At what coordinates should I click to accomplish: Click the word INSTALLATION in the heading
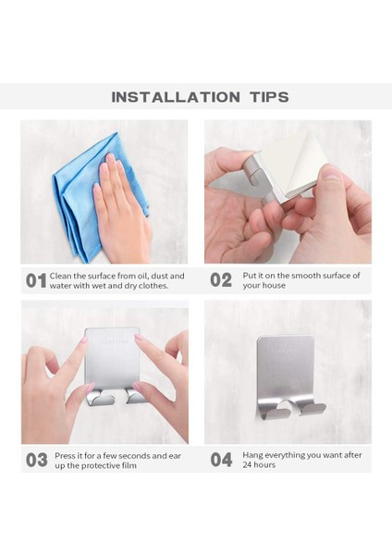point(176,97)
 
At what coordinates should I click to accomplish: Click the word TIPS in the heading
point(270,97)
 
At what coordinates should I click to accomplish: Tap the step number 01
point(36,280)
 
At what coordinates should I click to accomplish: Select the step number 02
point(221,280)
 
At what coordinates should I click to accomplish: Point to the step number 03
point(36,460)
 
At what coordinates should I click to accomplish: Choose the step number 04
point(222,460)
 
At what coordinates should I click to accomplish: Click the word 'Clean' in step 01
point(60,276)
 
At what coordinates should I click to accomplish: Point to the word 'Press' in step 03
point(65,455)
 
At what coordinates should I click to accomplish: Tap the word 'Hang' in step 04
point(252,455)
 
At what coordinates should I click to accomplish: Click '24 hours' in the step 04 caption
point(259,464)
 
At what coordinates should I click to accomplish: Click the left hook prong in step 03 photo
point(101,397)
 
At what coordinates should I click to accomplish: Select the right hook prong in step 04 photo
point(312,409)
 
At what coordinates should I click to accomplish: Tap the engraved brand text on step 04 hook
point(285,351)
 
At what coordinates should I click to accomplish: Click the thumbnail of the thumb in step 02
point(332,173)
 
